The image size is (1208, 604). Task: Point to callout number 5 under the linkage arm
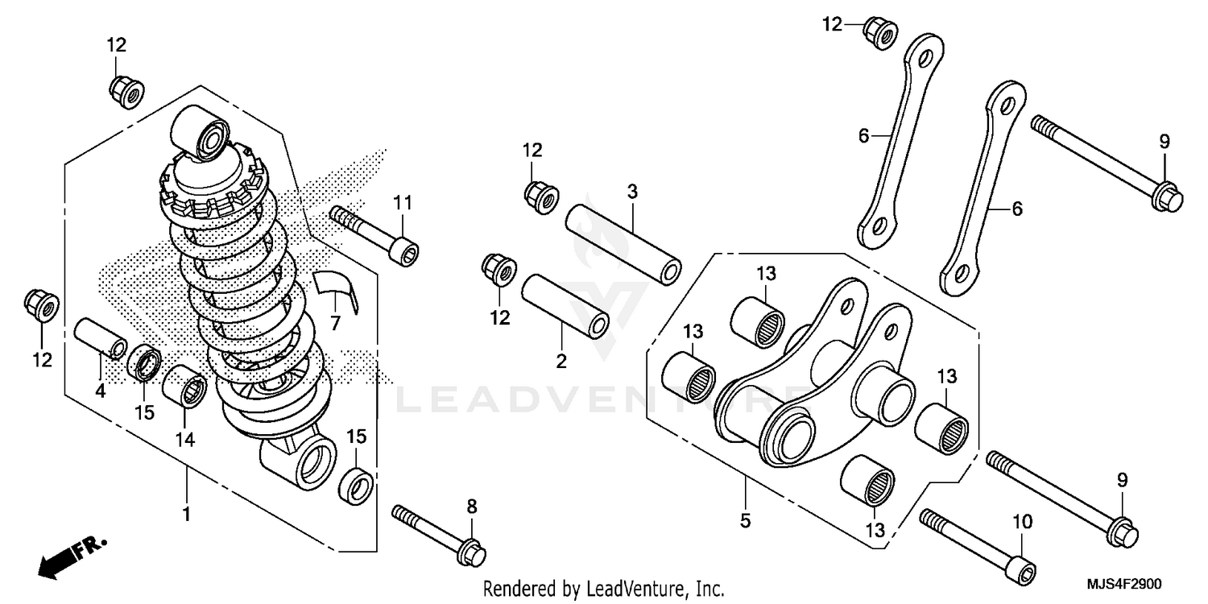[x=745, y=521]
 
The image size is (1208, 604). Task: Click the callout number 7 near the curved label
[x=336, y=324]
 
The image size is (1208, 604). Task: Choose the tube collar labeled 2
[x=565, y=308]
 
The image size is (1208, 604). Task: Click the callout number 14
[x=185, y=439]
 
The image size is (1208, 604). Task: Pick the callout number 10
[x=1022, y=522]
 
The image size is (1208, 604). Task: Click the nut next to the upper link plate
[x=880, y=32]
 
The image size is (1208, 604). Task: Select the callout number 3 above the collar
[x=632, y=192]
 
